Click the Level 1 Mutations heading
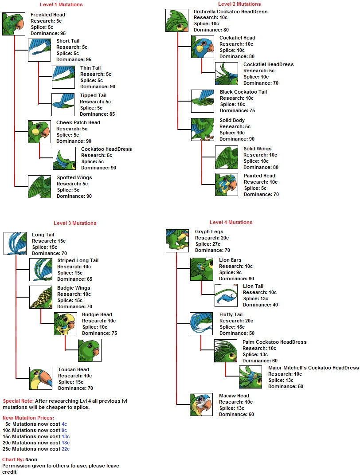coord(61,4)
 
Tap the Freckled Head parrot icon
coord(13,24)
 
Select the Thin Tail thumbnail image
coord(63,77)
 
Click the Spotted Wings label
coord(74,177)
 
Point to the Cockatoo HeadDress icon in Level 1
coord(64,158)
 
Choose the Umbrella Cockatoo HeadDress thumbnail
coord(177,20)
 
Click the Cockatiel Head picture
coord(203,47)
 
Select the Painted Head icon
coord(227,185)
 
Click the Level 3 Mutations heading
coord(75,223)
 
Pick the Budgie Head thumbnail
coord(66,324)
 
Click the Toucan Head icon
coord(41,378)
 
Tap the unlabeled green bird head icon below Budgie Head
coord(90,350)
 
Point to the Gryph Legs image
coord(177,241)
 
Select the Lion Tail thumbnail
coord(226,295)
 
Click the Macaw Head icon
coord(202,404)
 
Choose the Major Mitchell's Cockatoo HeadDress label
coord(313,368)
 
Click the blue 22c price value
coord(65,449)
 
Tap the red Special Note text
coord(18,401)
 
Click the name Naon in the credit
coord(31,459)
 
